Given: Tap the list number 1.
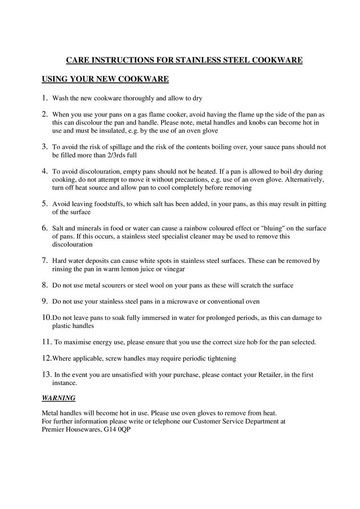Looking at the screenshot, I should [x=45, y=98].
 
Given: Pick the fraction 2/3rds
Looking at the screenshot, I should [x=109, y=155].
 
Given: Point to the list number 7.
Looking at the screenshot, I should [x=45, y=260].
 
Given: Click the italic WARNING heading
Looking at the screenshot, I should [x=58, y=398].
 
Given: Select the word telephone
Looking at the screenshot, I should [x=155, y=422].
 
